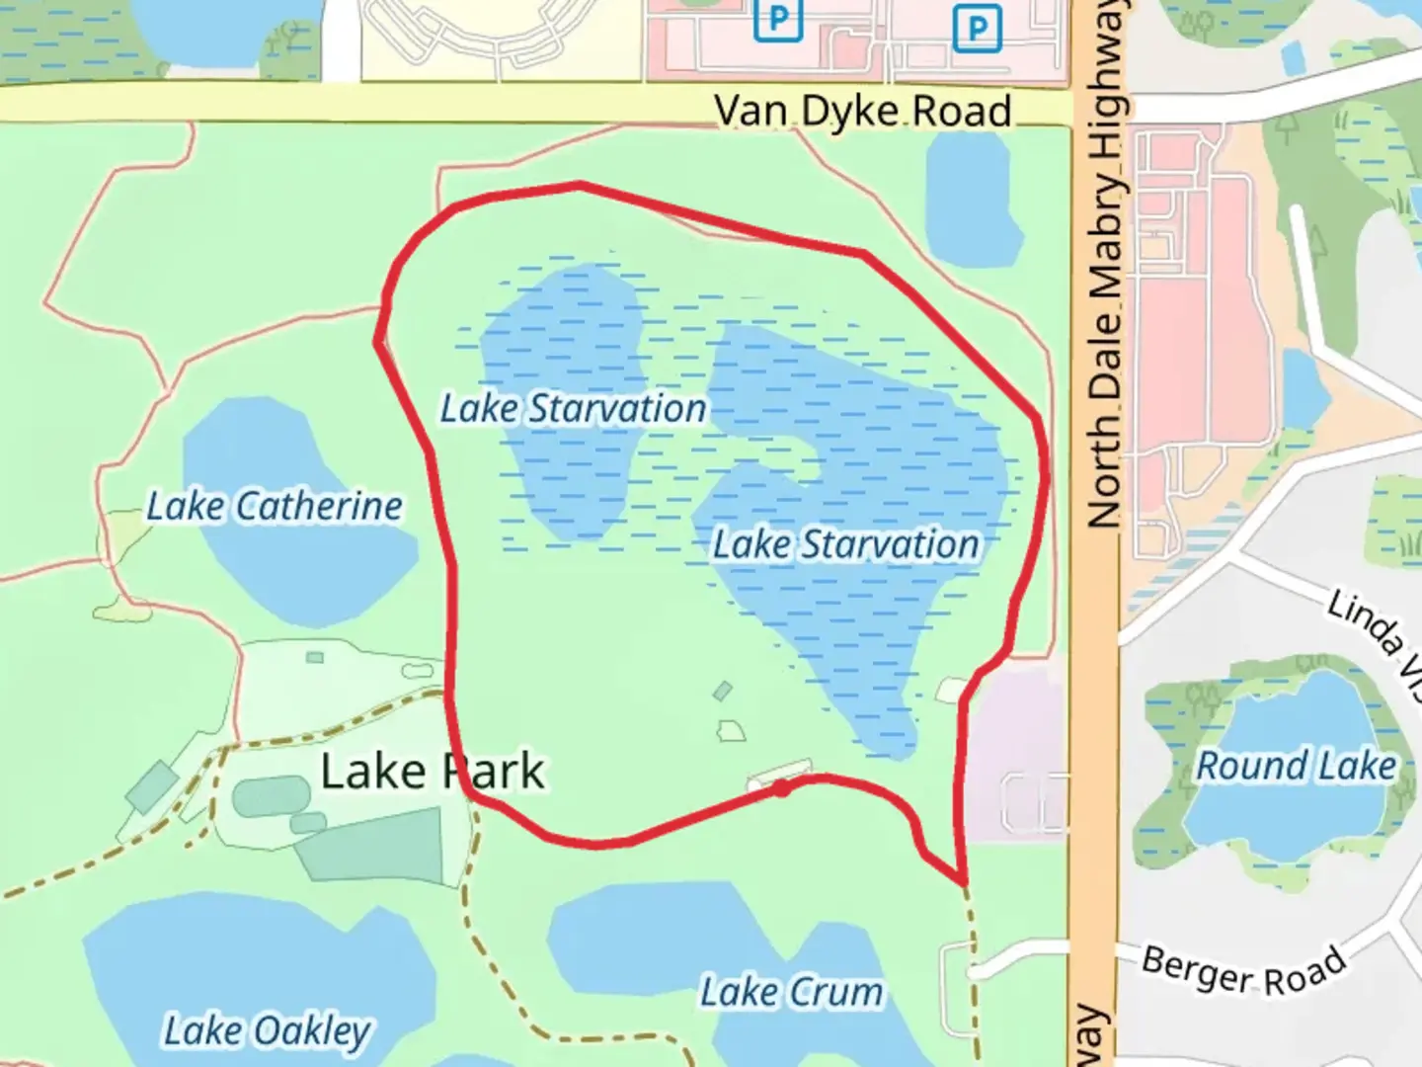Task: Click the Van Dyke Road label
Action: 862,111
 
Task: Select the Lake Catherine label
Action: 275,507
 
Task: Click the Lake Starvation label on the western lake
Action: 573,408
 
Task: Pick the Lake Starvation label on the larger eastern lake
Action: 846,544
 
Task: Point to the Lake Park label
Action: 433,772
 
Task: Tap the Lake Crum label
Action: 791,992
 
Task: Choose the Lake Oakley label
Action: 267,1030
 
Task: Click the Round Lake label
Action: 1296,766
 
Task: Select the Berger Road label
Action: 1243,971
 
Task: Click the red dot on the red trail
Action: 781,788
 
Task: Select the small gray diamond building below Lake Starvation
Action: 723,691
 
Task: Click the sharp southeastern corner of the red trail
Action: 962,879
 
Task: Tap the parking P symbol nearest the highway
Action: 977,28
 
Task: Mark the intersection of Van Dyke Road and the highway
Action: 1095,104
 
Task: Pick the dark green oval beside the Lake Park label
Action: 272,796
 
